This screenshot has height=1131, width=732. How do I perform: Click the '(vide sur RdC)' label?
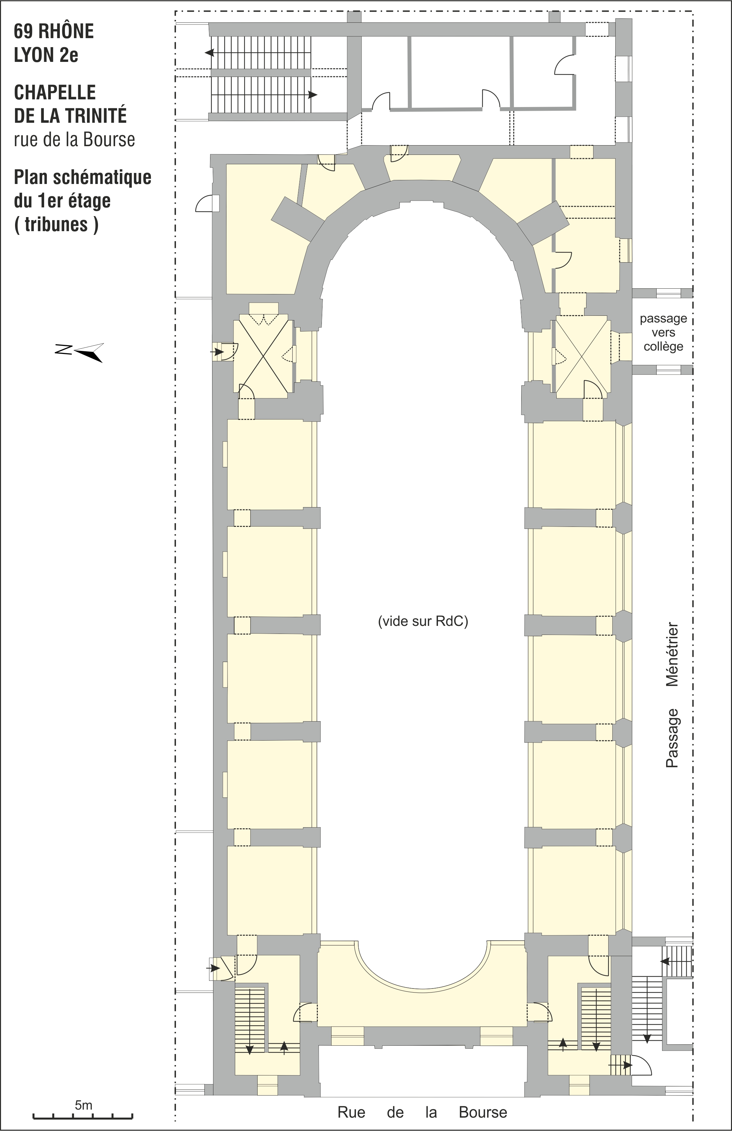pos(423,621)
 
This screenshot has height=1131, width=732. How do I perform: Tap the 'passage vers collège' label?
pos(663,332)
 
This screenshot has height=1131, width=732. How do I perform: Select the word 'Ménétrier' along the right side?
pos(672,654)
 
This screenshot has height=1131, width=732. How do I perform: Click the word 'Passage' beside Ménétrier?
pos(672,738)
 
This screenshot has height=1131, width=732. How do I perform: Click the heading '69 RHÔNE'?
pos(54,31)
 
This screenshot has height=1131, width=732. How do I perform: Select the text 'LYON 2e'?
pos(46,56)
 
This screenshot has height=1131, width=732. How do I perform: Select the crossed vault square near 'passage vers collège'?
pos(582,357)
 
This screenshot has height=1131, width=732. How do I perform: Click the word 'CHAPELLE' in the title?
pos(55,93)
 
